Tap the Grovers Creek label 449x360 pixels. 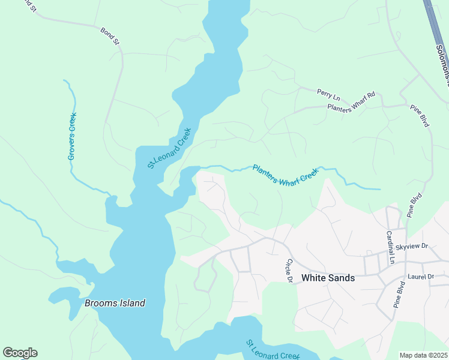point(72,137)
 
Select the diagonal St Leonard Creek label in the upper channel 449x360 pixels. point(169,148)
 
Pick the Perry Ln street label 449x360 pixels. point(328,94)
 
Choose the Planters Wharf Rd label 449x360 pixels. point(351,101)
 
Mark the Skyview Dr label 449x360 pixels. point(412,247)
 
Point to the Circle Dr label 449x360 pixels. point(288,271)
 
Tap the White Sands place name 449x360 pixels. point(328,278)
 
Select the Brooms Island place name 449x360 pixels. point(115,303)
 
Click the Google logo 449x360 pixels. point(20,353)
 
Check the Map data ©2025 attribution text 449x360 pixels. point(423,355)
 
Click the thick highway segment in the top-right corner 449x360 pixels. point(433,18)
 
